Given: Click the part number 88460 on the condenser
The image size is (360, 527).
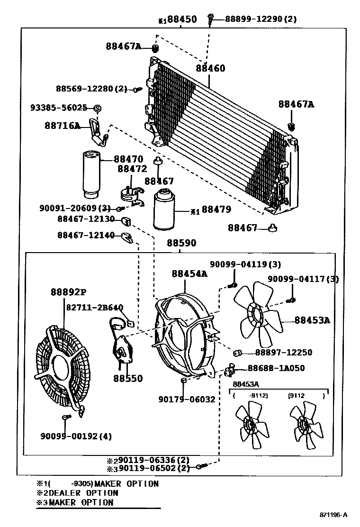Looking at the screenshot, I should (210, 68).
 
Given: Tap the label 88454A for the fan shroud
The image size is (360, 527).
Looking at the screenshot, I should (189, 273).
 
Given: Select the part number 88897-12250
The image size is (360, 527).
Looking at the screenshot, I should (283, 353).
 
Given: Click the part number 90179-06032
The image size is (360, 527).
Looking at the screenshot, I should (187, 400).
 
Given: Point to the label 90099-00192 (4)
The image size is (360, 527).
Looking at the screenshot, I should (76, 436).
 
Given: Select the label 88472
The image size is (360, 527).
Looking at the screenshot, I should (132, 168).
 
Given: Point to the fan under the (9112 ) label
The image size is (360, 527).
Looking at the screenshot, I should (306, 426).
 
